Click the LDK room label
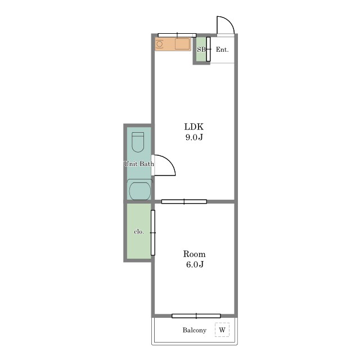pos(193,127)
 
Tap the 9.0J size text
pos(194,137)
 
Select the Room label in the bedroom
pos(194,254)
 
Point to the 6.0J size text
pos(195,264)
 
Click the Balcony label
pos(195,330)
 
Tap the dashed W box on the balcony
pos(222,330)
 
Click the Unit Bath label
pos(139,164)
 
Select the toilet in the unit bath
pos(138,142)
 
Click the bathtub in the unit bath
pos(140,190)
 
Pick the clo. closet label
pos(139,232)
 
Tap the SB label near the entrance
pos(201,49)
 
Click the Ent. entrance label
pos(222,49)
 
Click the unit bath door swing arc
pos(169,161)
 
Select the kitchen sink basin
pos(182,44)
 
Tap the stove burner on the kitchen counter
pos(159,44)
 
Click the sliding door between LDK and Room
pos(184,201)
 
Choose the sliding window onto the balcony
pos(196,316)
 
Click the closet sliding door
pos(153,232)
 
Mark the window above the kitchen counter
pos(177,35)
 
